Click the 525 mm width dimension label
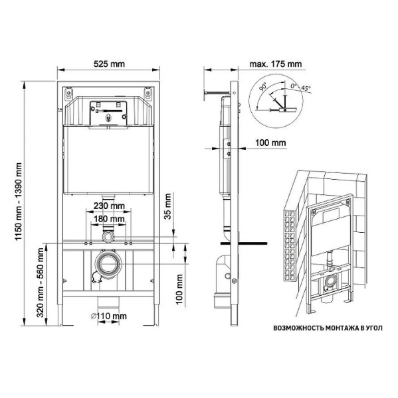pyautogui.click(x=109, y=64)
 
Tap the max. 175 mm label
pyautogui.click(x=276, y=64)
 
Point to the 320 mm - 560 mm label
pyautogui.click(x=40, y=283)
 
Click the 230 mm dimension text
pyautogui.click(x=109, y=206)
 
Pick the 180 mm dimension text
pyautogui.click(x=109, y=218)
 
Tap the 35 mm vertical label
pyautogui.click(x=168, y=206)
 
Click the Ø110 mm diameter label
pyautogui.click(x=109, y=316)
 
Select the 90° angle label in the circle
pyautogui.click(x=263, y=86)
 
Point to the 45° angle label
pyautogui.click(x=306, y=88)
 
